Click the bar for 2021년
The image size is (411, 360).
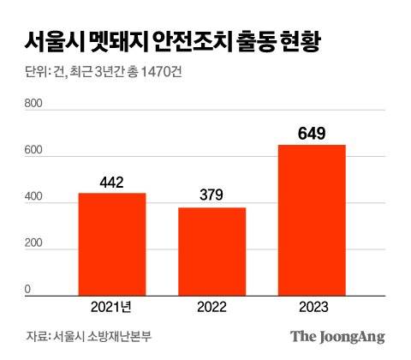112,244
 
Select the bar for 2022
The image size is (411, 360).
211,252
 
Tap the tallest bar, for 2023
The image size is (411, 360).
312,220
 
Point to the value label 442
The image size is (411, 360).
112,183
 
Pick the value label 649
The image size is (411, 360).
312,134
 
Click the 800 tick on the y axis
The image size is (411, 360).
31,104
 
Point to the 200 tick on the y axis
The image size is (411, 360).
31,245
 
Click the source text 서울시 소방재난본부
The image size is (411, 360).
98,336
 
